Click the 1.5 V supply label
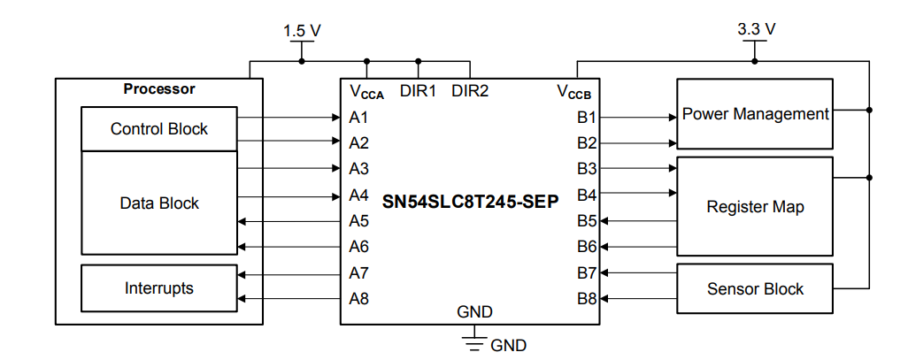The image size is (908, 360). (x=302, y=30)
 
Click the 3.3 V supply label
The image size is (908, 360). (x=756, y=28)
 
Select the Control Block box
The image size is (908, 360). (x=159, y=129)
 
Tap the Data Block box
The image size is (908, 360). (x=159, y=203)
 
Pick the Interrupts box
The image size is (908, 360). (x=159, y=288)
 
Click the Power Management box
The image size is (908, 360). (x=755, y=114)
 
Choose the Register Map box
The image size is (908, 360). (x=755, y=207)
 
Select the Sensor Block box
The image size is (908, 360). (x=755, y=289)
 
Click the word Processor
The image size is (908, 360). (x=159, y=89)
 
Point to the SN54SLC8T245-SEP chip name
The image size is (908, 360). (x=470, y=202)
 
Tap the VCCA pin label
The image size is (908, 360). (x=366, y=91)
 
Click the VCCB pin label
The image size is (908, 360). (x=573, y=91)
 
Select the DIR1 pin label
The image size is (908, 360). (x=419, y=90)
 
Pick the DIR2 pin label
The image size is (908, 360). (x=470, y=90)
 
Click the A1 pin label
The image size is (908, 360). (x=358, y=117)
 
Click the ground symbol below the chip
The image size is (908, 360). (x=475, y=341)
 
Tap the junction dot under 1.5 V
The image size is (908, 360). (x=302, y=62)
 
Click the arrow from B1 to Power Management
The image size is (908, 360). (x=664, y=117)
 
